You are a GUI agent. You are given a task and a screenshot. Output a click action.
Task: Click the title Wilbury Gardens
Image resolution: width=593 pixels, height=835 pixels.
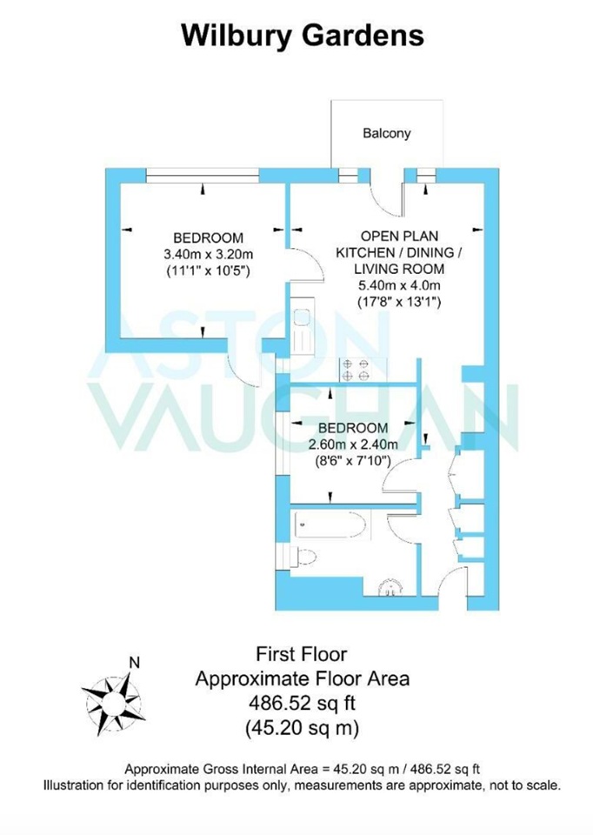click(302, 36)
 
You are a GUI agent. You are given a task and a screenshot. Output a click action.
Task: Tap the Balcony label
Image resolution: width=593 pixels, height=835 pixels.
click(387, 134)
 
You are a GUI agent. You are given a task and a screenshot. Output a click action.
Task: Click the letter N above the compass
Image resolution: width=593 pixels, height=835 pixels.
click(133, 662)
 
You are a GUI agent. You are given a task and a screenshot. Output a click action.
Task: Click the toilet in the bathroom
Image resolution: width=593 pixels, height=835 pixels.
click(304, 557)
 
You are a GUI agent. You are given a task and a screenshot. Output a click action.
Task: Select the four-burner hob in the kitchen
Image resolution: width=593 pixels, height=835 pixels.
click(355, 370)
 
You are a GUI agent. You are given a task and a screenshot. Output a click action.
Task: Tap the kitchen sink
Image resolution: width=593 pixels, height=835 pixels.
click(302, 331)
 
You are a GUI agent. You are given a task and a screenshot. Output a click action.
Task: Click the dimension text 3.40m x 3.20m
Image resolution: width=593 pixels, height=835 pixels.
click(208, 254)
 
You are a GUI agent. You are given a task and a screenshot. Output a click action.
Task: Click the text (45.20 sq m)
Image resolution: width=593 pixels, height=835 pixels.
click(302, 725)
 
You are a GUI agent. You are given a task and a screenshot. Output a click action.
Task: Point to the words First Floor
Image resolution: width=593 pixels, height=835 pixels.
click(302, 652)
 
